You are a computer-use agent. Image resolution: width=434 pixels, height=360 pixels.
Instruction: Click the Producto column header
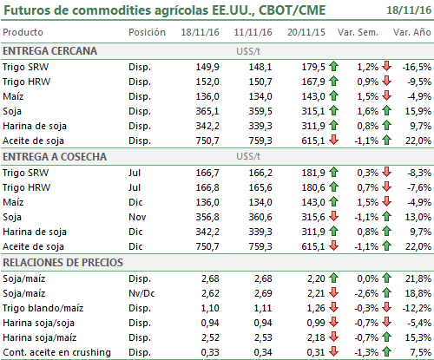pyautogui.click(x=23, y=32)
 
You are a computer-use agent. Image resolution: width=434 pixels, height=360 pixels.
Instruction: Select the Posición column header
pyautogui.click(x=147, y=32)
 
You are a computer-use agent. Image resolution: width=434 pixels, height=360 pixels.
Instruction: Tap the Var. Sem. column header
pyautogui.click(x=358, y=32)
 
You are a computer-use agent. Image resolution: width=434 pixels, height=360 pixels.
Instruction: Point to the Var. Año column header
pyautogui.click(x=412, y=32)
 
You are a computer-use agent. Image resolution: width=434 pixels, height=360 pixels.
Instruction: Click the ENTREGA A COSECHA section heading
pyautogui.click(x=55, y=157)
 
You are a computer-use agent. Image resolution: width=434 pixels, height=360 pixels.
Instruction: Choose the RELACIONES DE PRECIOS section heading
pyautogui.click(x=62, y=263)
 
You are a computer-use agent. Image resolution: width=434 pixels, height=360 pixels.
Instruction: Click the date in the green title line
pyautogui.click(x=409, y=10)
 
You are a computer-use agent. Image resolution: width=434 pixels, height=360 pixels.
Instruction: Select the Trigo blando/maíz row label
pyautogui.click(x=43, y=308)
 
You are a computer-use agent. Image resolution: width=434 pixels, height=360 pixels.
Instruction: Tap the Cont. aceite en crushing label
pyautogui.click(x=56, y=352)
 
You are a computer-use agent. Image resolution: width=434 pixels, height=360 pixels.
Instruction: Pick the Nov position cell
pyautogui.click(x=137, y=217)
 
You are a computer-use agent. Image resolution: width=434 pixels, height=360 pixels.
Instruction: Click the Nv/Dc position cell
pyautogui.click(x=141, y=293)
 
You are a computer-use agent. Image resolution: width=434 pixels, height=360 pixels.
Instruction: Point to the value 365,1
pyautogui.click(x=207, y=111)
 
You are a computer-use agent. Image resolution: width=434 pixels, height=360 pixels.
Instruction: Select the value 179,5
pyautogui.click(x=313, y=67)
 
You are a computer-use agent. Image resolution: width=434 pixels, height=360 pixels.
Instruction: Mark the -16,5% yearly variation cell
pyautogui.click(x=417, y=67)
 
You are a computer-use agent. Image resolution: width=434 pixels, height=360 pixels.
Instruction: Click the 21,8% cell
pyautogui.click(x=418, y=278)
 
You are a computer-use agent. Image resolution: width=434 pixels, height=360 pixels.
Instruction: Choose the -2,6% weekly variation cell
pyautogui.click(x=366, y=293)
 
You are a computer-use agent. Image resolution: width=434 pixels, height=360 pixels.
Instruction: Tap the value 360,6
pyautogui.click(x=260, y=217)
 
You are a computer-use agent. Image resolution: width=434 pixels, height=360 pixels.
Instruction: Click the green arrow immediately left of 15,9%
pyautogui.click(x=386, y=110)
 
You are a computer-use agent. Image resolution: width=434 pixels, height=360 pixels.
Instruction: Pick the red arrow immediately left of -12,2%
pyautogui.click(x=386, y=307)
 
